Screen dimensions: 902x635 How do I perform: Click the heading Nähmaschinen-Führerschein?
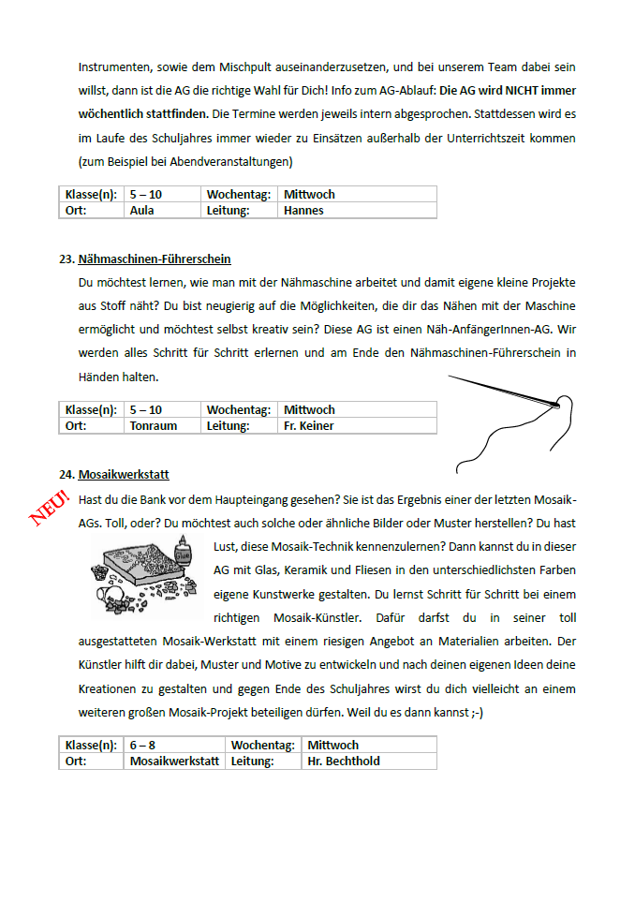[155, 259]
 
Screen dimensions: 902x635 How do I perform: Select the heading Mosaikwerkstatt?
[124, 475]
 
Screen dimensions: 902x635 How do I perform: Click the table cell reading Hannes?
[303, 211]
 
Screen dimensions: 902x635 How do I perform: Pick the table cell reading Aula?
[141, 211]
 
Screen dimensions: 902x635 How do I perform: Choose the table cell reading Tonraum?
[153, 425]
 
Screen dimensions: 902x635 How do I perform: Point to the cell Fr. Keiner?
[308, 425]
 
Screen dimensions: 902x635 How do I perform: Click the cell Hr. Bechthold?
[344, 761]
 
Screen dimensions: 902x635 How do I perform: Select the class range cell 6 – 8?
[142, 745]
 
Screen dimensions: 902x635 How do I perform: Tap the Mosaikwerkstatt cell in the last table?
[174, 761]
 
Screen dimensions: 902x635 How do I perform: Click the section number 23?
[66, 259]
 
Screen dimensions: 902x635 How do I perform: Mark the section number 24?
[66, 475]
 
